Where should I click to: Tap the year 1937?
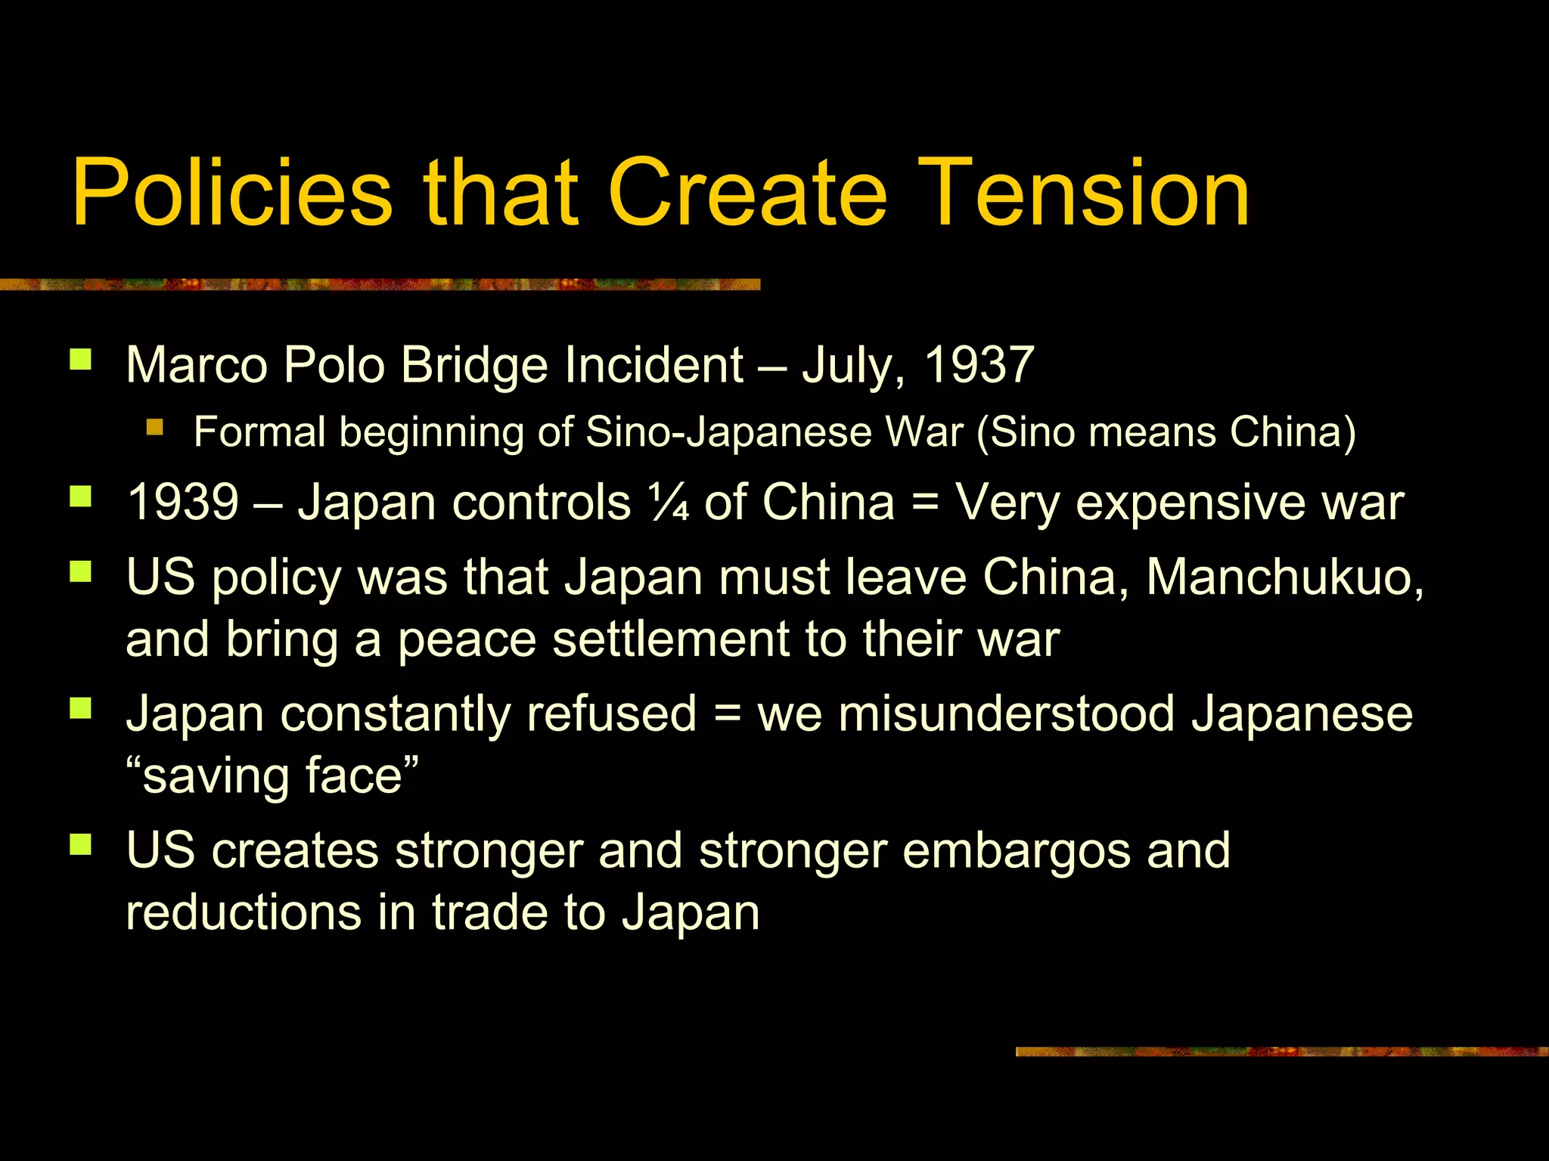pos(979,365)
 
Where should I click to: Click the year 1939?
pos(183,502)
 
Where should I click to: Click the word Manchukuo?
pos(1284,577)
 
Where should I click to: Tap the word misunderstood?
pos(1006,714)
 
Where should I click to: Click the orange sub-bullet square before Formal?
pos(155,428)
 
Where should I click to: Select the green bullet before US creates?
pos(80,844)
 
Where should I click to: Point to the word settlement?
pos(670,639)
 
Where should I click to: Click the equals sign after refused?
pos(727,714)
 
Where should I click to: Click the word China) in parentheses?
pos(1293,432)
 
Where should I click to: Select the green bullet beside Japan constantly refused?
pos(80,707)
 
